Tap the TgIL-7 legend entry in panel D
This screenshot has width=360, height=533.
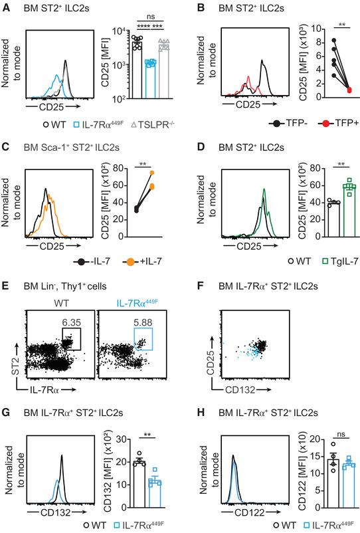(323, 264)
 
